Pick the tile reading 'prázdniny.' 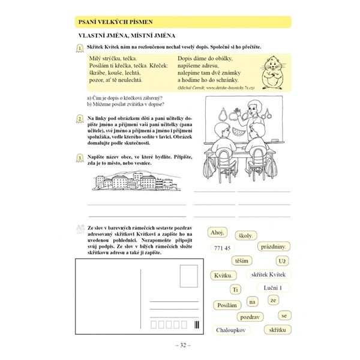274,247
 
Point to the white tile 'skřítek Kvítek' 267,274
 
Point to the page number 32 181,345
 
